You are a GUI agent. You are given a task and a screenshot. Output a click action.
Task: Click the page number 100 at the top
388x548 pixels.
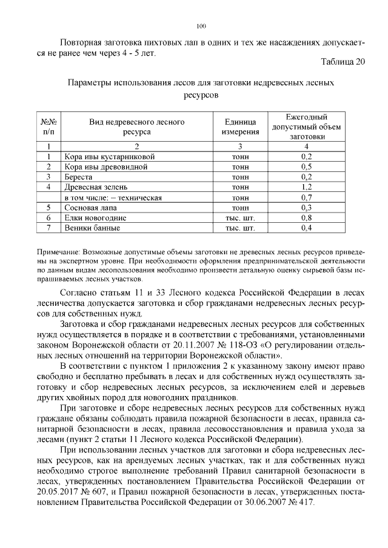tap(202, 25)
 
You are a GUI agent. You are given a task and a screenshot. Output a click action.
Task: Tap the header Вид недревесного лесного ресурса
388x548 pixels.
tap(136, 127)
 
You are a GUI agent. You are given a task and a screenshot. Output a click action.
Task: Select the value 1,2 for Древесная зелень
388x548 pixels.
tap(306, 187)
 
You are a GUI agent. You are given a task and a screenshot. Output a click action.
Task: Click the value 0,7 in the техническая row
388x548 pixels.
tap(306, 197)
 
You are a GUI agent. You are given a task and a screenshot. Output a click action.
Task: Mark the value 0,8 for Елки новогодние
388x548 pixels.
tap(306, 217)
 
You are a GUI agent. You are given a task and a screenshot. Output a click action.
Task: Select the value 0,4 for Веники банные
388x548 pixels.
tap(306, 228)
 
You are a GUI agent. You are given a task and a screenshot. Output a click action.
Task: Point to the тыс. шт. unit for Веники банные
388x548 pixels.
tap(240, 228)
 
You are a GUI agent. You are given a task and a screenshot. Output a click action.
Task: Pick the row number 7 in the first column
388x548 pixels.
tap(47, 228)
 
